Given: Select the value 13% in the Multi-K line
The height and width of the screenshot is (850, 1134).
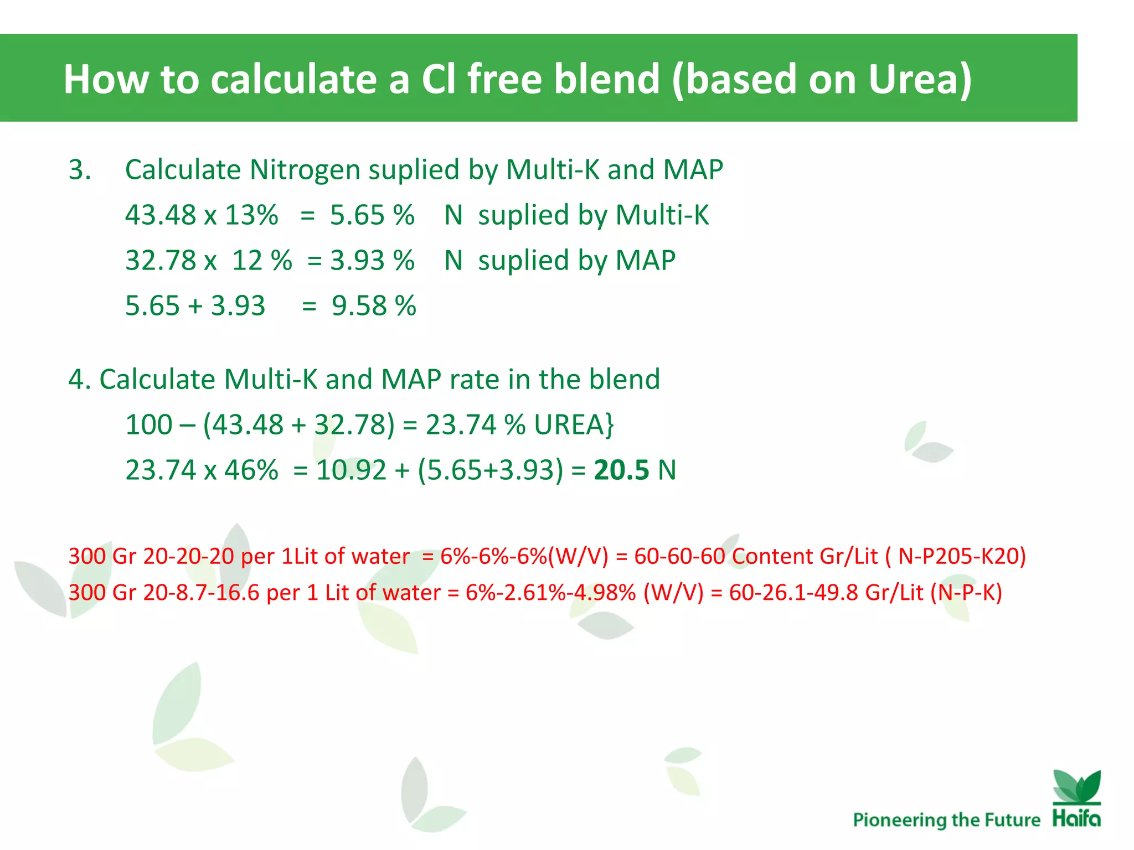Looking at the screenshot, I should coord(251,215).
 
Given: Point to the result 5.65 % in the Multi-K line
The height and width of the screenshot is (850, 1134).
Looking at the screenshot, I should coord(372,215).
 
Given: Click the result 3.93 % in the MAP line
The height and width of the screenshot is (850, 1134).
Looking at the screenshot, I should coord(372,260).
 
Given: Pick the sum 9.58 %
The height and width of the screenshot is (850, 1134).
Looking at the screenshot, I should coord(374,305).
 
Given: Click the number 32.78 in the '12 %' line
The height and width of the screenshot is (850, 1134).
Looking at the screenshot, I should coord(161,260).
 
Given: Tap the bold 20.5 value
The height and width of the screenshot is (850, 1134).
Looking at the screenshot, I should coord(621,470).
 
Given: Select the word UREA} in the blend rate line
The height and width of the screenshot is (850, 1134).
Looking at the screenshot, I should coord(574,424).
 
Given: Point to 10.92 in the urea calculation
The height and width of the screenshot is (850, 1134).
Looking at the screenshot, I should coord(350,470).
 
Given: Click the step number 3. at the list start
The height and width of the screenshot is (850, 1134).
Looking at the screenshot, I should coord(80,169).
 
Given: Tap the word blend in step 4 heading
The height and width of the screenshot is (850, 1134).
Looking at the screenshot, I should coord(624,379).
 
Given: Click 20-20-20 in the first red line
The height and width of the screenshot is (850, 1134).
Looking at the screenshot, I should coord(189,556).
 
